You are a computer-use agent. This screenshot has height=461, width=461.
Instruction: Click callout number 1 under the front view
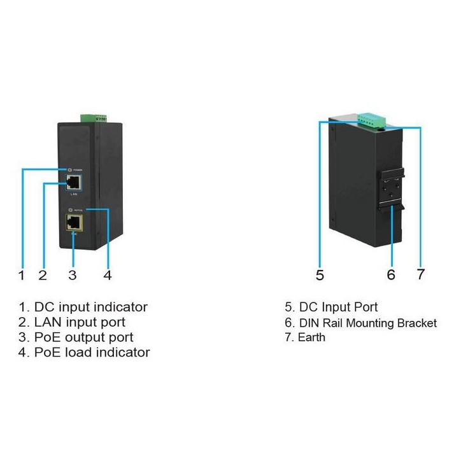[22, 275]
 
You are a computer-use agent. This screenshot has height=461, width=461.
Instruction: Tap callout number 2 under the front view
[43, 275]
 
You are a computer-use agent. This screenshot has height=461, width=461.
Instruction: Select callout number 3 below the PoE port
[73, 275]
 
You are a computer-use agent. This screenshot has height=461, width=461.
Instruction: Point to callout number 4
[108, 275]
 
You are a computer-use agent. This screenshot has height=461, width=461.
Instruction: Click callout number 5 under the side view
[320, 275]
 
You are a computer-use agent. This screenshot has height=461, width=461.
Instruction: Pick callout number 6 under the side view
[391, 275]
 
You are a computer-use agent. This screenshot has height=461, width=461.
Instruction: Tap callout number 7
[420, 275]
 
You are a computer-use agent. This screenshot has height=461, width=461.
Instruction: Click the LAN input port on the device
[73, 182]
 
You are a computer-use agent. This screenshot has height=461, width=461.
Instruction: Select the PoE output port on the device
[73, 222]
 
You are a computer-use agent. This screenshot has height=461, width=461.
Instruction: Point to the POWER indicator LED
[69, 170]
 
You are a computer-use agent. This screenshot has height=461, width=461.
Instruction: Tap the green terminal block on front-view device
[93, 118]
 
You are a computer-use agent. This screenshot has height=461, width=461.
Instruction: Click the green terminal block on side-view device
[371, 119]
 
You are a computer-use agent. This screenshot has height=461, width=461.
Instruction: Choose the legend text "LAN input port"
[80, 322]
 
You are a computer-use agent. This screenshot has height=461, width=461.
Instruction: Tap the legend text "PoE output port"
[83, 337]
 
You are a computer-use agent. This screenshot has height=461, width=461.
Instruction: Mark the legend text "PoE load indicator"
[92, 352]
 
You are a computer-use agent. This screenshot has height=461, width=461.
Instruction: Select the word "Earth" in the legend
[311, 337]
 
